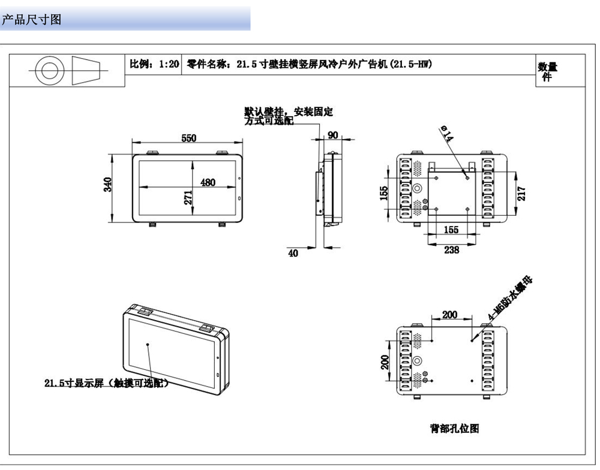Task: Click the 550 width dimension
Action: (188, 138)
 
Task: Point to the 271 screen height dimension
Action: (188, 198)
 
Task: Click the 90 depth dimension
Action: (332, 135)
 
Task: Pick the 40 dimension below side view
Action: (293, 254)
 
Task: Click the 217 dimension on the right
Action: (521, 194)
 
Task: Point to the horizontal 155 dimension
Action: (451, 230)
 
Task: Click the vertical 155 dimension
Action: (385, 193)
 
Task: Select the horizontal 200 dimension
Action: (450, 315)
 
